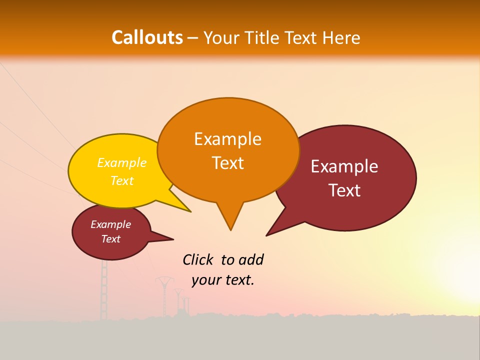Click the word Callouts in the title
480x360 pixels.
coord(147,37)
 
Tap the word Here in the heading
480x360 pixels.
coord(341,37)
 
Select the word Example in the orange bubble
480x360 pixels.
coord(227,139)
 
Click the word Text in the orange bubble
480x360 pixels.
coord(227,163)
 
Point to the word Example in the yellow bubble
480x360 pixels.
coord(122,162)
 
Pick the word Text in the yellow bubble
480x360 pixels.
coord(122,180)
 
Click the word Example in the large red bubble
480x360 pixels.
coord(344,166)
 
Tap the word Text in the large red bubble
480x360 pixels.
coord(344,190)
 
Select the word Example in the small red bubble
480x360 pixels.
coord(110,224)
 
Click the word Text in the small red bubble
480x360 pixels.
coord(110,239)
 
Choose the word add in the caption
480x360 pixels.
coord(251,259)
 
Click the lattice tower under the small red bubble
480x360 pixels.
coord(104,290)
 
